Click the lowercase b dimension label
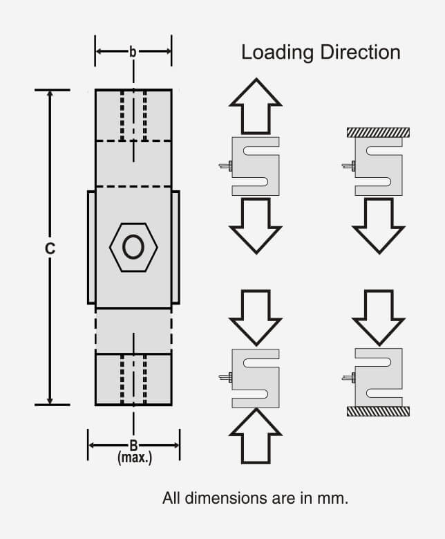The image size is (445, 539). (133, 51)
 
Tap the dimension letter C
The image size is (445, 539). (50, 249)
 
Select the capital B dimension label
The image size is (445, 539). (133, 446)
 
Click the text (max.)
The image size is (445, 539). (134, 458)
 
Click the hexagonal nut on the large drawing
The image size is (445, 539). (133, 247)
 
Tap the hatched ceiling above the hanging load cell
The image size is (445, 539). (378, 131)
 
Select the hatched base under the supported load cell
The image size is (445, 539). (378, 411)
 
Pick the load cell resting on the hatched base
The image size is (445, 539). (377, 377)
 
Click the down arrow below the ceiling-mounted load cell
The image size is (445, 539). (378, 226)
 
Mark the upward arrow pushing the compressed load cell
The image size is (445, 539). (255, 436)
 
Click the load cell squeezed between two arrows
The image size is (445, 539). (255, 377)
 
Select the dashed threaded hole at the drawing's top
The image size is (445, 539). (133, 115)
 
